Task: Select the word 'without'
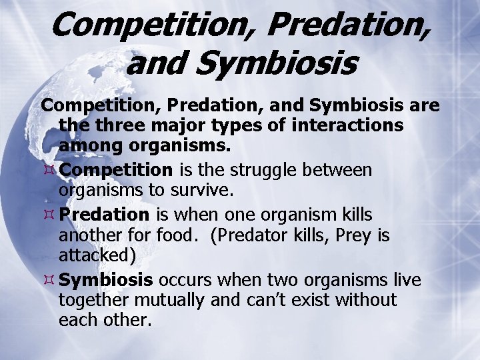pyautogui.click(x=366, y=300)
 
